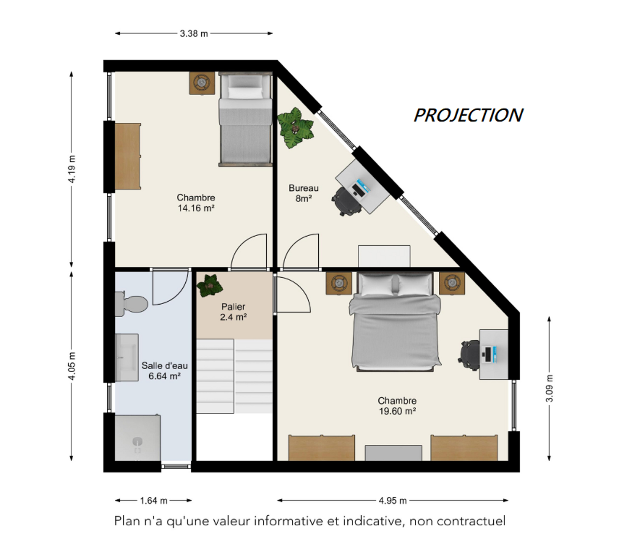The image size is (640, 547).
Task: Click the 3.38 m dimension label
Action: pos(194,33)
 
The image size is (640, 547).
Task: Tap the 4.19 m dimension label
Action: pos(71,169)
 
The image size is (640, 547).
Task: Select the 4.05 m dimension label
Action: pos(72,365)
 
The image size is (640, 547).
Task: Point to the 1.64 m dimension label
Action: pos(153,501)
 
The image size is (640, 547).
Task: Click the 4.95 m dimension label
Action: pos(392,501)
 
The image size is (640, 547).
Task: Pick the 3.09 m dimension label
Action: pos(549,388)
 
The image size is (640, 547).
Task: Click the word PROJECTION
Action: pos(468,115)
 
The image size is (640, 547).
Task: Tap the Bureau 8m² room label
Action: pos(303,193)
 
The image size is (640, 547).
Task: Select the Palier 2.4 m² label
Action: pos(233,312)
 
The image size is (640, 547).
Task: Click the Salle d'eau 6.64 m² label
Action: pos(164,371)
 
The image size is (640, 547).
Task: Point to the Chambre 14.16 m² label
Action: pos(196,203)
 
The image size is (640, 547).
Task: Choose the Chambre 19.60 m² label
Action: pos(397,406)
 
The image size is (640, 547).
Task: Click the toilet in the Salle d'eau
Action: pos(131,304)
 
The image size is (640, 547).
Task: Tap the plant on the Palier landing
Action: pos(210,286)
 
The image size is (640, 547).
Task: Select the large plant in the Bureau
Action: pos(295,128)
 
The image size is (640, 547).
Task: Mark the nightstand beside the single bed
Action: pos(202,83)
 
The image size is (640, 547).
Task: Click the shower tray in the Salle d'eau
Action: pos(137,438)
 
